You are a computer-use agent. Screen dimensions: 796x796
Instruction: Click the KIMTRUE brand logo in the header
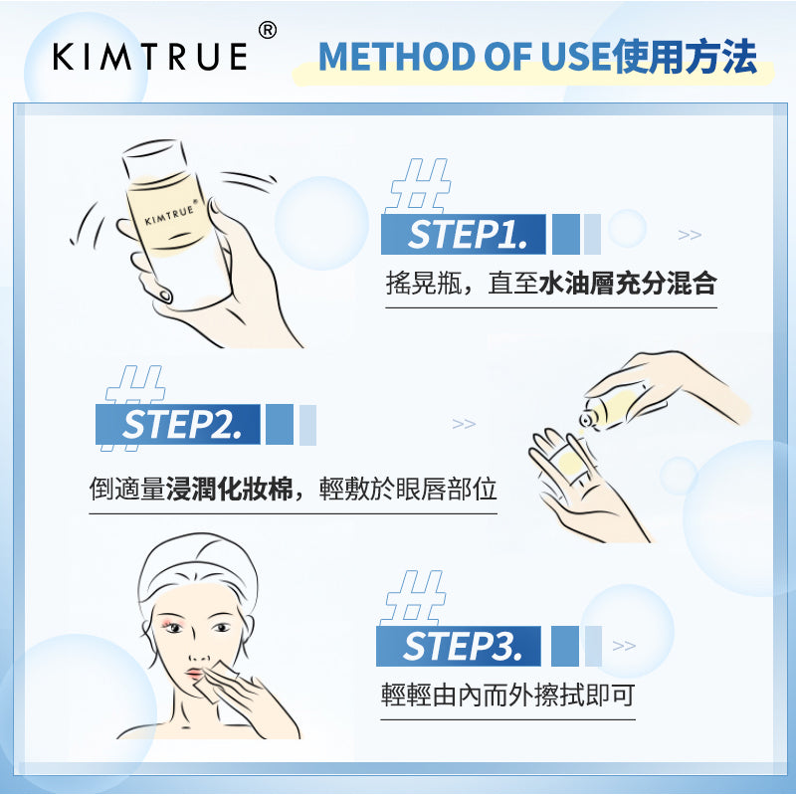[x=150, y=57]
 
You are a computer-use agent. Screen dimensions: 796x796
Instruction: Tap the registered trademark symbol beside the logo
[x=268, y=31]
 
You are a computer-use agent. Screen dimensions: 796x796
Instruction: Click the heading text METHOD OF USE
[x=464, y=57]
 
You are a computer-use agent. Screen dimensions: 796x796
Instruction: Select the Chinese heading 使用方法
[x=685, y=56]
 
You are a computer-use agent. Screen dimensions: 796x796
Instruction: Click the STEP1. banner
[x=463, y=235]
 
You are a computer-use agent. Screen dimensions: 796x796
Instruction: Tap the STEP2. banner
[x=178, y=425]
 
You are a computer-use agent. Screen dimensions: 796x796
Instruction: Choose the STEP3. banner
[x=458, y=646]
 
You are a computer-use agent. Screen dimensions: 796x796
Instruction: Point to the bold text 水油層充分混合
[x=628, y=284]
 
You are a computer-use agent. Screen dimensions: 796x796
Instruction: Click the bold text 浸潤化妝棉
[x=230, y=490]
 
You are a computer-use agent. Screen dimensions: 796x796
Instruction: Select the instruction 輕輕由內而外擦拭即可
[x=507, y=695]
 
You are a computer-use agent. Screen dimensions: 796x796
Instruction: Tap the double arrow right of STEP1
[x=690, y=235]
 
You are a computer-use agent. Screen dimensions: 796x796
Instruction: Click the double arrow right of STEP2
[x=464, y=424]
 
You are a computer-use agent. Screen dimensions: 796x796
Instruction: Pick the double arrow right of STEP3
[x=624, y=646]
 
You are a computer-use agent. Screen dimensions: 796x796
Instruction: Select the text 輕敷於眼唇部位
[x=408, y=490]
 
